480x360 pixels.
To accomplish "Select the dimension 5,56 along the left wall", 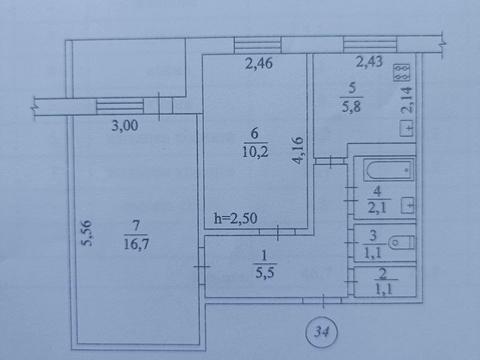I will point(88,235).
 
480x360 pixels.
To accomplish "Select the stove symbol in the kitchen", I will point(402,72).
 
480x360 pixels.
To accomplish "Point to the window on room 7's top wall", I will point(121,103).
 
